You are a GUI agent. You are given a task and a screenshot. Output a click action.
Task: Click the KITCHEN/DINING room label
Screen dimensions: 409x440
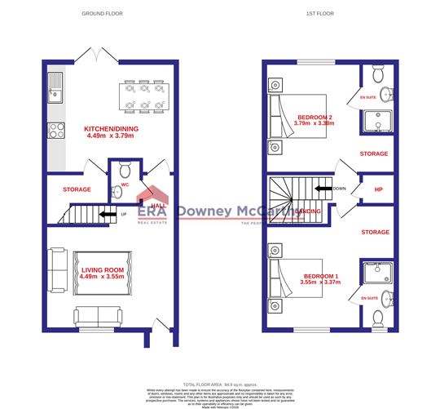[x=111, y=129]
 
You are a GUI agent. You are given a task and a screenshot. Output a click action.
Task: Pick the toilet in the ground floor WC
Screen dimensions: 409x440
[x=124, y=172]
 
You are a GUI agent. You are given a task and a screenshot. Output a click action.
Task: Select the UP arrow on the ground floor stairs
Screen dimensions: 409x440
[x=105, y=216]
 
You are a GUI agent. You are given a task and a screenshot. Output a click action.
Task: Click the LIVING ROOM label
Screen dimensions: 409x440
[x=102, y=269]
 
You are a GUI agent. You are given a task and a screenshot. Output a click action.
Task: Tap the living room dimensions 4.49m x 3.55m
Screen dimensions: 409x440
[x=102, y=278]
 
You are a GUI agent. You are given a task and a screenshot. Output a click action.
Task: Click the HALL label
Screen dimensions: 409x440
[x=160, y=206]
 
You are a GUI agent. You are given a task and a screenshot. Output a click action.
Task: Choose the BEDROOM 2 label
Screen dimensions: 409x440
[x=314, y=117]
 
